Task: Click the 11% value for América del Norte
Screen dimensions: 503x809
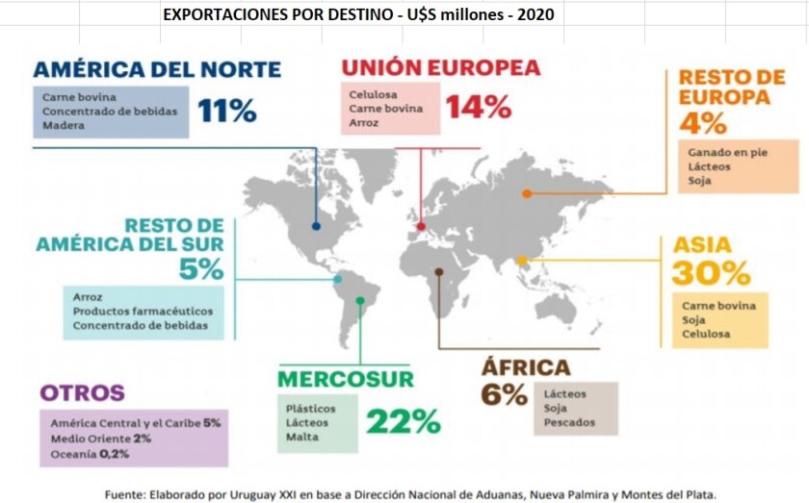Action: coord(227,111)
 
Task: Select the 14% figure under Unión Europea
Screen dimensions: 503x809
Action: coord(478,107)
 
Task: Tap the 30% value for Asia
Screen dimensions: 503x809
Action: coord(711,273)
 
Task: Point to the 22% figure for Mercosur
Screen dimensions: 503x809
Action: coord(403,420)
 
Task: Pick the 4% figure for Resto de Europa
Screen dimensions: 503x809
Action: coord(702,123)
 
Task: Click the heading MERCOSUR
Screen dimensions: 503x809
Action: coord(345,379)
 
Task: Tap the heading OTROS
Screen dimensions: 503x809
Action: coord(82,393)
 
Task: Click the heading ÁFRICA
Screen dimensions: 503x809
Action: coord(525,366)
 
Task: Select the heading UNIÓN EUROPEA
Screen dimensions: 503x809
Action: coord(441,68)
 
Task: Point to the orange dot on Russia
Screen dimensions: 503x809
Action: coord(527,193)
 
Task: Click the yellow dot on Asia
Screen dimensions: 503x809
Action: coord(522,260)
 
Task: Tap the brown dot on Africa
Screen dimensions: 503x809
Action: coord(439,272)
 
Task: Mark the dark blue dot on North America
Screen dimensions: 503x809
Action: coord(316,227)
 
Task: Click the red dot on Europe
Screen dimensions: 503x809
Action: coord(420,228)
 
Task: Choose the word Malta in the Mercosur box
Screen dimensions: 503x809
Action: coord(300,438)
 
